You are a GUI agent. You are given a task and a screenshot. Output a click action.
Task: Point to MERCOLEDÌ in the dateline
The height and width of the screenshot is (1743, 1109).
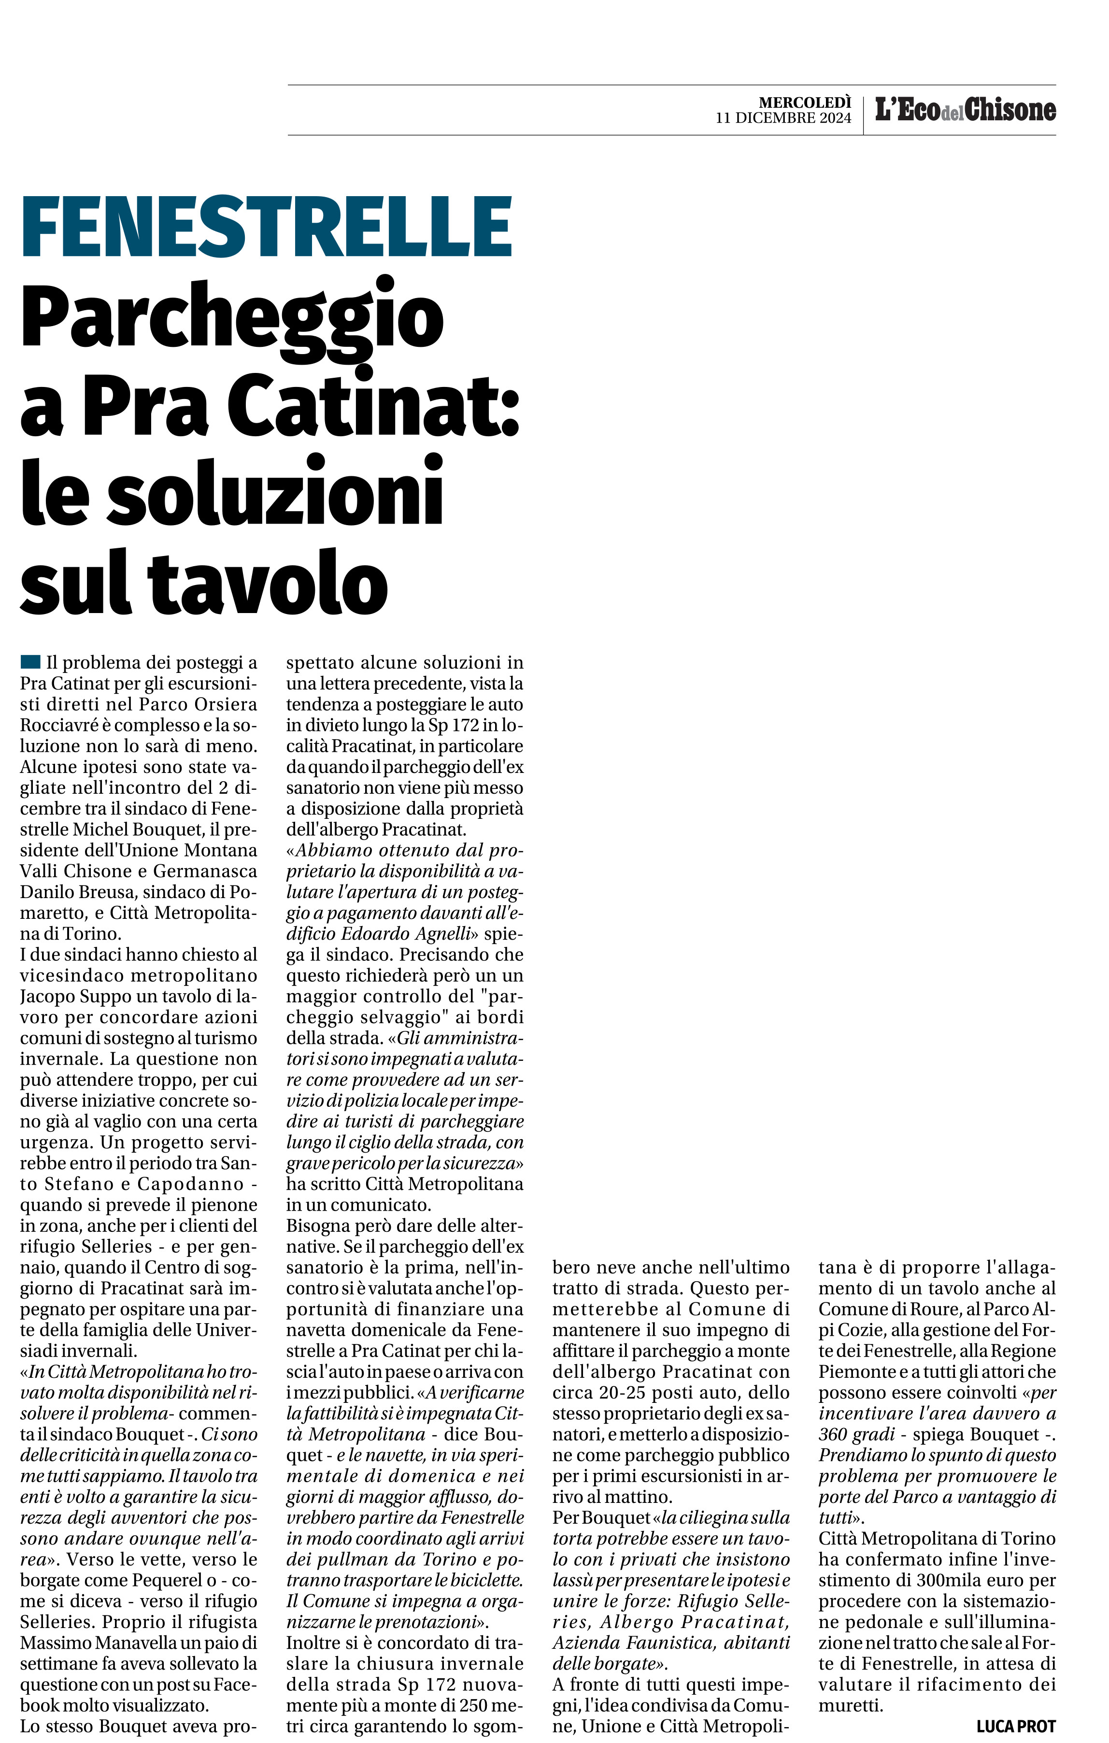(805, 103)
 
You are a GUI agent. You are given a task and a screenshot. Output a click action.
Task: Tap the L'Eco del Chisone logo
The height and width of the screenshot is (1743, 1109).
(965, 110)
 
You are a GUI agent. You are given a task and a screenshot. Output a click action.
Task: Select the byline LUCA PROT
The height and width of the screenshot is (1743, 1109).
(1016, 1726)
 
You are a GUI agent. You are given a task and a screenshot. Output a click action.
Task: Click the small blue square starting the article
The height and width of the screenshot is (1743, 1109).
(30, 661)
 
